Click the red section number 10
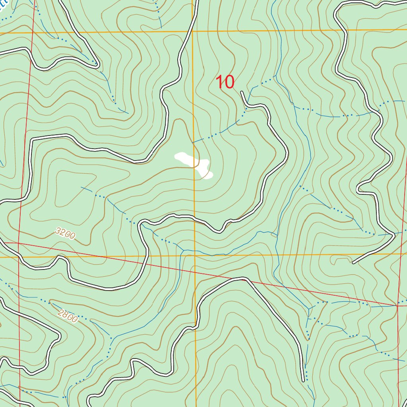click(225, 82)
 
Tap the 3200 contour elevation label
click(66, 234)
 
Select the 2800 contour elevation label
click(67, 316)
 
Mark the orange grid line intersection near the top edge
click(193, 31)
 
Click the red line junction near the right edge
click(397, 306)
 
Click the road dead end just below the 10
click(242, 92)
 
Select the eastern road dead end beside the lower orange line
click(353, 263)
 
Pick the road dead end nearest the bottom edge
click(303, 381)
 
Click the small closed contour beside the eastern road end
click(338, 260)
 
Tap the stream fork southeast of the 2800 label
click(112, 338)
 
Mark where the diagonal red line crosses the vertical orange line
click(195, 272)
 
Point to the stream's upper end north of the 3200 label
click(81, 187)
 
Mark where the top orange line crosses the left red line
click(30, 32)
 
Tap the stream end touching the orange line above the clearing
click(193, 143)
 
